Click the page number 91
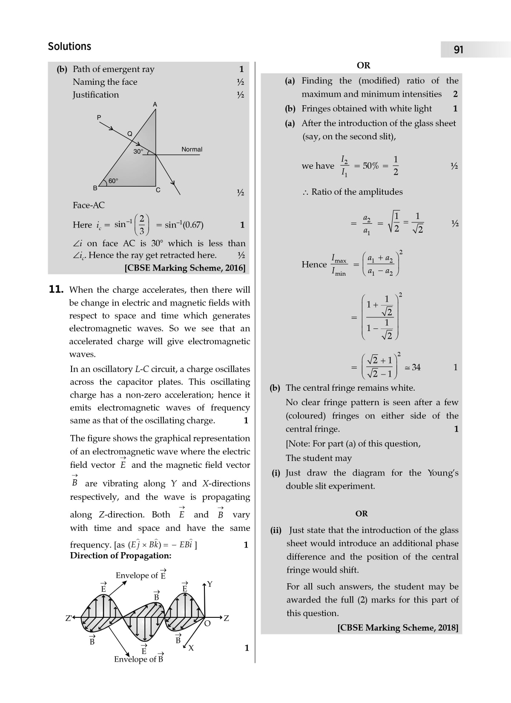tap(458, 50)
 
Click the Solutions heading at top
tap(69, 46)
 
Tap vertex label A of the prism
tap(155, 104)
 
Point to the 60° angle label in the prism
tap(113, 181)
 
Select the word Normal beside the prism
tap(192, 149)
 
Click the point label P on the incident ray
tap(99, 117)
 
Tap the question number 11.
tap(56, 290)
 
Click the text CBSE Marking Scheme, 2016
tap(185, 268)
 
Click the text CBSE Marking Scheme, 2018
tap(398, 628)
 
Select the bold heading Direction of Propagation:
tap(121, 556)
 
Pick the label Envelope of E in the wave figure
tap(141, 575)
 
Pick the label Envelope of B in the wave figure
tap(139, 659)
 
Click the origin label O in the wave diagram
tap(207, 624)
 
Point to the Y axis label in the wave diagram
tap(210, 584)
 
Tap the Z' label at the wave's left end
tap(68, 618)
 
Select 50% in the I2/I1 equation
tap(370, 166)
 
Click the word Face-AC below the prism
tap(89, 205)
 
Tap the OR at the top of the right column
tap(363, 65)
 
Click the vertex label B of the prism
tap(95, 188)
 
